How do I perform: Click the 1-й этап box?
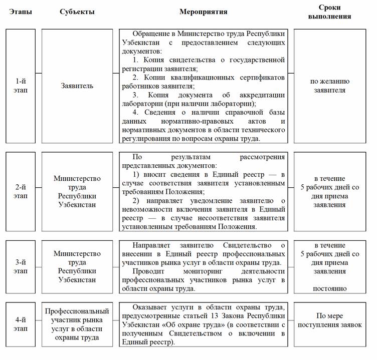[x=21, y=86]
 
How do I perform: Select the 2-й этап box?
[x=21, y=191]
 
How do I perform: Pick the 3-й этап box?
[x=21, y=267]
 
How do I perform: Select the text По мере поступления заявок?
[x=331, y=320]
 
